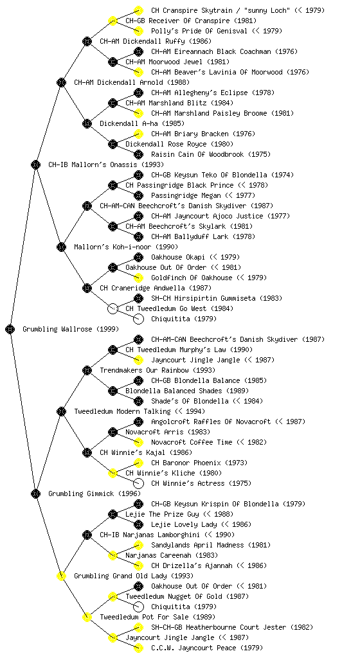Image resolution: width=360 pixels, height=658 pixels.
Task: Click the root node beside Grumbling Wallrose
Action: pyautogui.click(x=10, y=329)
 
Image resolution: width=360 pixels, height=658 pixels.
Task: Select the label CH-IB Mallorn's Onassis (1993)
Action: pyautogui.click(x=106, y=164)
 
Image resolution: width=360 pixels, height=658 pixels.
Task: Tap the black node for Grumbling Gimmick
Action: pyautogui.click(x=35, y=493)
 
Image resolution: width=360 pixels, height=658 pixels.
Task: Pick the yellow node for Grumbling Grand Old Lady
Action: pyautogui.click(x=61, y=576)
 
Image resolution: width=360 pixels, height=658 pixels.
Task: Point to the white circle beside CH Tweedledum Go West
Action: pyautogui.click(x=113, y=308)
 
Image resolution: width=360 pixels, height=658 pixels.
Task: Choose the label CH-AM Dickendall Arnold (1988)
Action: pyautogui.click(x=132, y=82)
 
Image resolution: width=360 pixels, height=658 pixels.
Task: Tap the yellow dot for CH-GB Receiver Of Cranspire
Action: pyautogui.click(x=113, y=21)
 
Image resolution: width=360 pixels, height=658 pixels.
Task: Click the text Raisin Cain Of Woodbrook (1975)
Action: pyautogui.click(x=211, y=154)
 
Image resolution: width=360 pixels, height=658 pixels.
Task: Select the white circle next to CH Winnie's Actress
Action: pyautogui.click(x=138, y=483)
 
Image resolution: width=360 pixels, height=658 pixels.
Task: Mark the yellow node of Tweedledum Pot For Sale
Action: pyautogui.click(x=87, y=617)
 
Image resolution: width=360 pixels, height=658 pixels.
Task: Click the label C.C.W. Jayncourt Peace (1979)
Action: pyautogui.click(x=207, y=648)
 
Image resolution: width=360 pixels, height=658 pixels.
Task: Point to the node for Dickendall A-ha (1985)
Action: pyautogui.click(x=87, y=123)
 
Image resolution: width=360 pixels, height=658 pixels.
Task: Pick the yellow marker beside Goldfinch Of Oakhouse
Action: pyautogui.click(x=138, y=278)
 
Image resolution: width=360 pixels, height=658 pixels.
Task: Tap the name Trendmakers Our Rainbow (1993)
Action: pyautogui.click(x=157, y=370)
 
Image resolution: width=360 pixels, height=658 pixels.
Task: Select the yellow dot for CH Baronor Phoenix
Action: pyautogui.click(x=138, y=463)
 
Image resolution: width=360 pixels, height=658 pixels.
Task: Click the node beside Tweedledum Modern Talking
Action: pyautogui.click(x=61, y=411)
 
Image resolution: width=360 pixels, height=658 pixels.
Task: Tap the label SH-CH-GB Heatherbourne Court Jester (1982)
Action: pyautogui.click(x=232, y=627)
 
